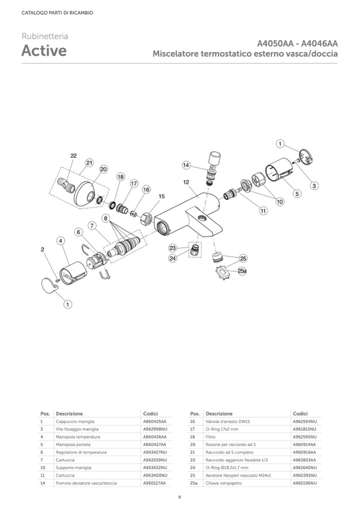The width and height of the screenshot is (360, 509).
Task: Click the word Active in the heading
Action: click(44, 51)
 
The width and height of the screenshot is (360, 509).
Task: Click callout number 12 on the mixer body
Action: click(186, 182)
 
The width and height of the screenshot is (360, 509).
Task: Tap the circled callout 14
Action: click(186, 165)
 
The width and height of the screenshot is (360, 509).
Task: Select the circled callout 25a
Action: click(242, 271)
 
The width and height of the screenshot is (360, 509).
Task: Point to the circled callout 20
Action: click(103, 169)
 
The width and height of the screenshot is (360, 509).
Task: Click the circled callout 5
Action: click(297, 194)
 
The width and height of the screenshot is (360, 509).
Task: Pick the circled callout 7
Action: click(92, 226)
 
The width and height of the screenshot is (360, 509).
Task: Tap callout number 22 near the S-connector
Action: click(73, 156)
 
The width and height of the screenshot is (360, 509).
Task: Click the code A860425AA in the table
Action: click(155, 421)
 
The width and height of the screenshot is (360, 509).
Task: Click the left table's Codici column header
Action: click(150, 413)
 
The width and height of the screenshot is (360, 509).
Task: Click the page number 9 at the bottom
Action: click(179, 497)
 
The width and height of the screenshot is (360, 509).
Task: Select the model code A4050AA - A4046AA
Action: click(297, 44)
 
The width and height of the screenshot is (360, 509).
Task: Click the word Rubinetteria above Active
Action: click(45, 36)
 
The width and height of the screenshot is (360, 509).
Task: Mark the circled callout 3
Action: click(314, 186)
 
